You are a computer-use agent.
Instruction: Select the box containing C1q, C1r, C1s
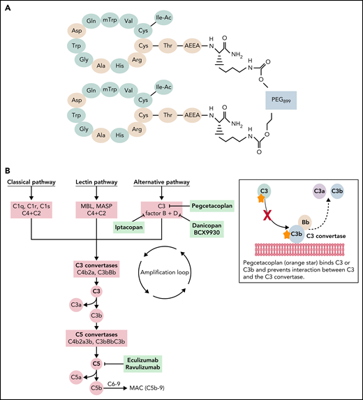point(34,210)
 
